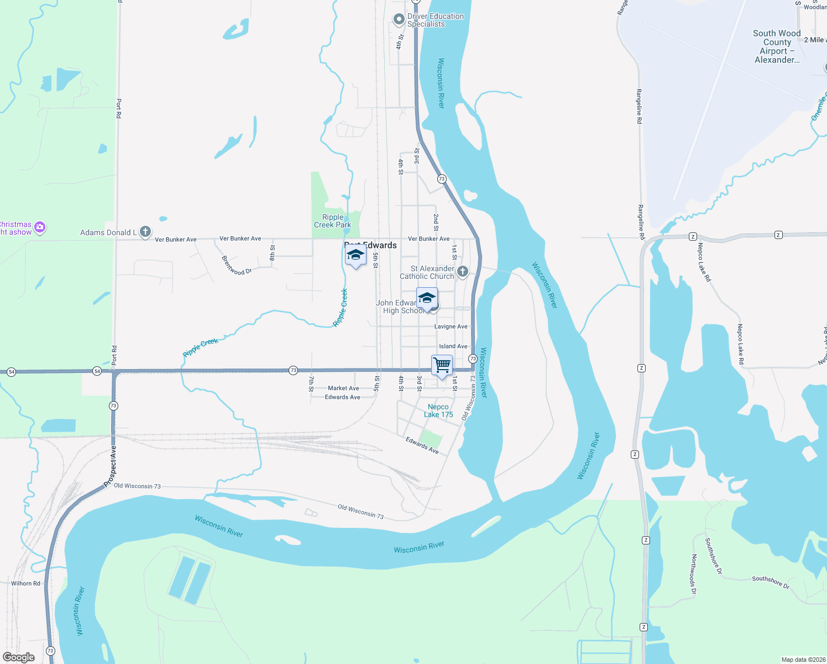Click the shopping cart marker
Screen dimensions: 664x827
442,366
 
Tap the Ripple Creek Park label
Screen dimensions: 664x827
333,221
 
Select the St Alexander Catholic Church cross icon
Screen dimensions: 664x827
463,271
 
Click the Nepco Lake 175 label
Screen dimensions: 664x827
438,411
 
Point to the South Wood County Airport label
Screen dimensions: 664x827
777,46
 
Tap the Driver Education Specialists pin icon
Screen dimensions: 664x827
399,20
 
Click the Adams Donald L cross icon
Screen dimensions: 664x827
145,232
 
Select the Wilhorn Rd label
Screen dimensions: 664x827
25,583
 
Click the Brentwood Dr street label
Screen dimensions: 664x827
237,265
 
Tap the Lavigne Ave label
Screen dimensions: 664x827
451,326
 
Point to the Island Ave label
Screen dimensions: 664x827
453,346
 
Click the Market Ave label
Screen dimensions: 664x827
343,388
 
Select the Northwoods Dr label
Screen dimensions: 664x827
693,574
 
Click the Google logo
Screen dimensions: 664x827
19,657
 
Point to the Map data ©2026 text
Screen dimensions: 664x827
803,660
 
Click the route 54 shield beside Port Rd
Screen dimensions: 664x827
97,371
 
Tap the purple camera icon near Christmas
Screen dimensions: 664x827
40,227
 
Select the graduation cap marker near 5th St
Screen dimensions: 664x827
355,256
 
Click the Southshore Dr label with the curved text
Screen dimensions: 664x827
713,555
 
